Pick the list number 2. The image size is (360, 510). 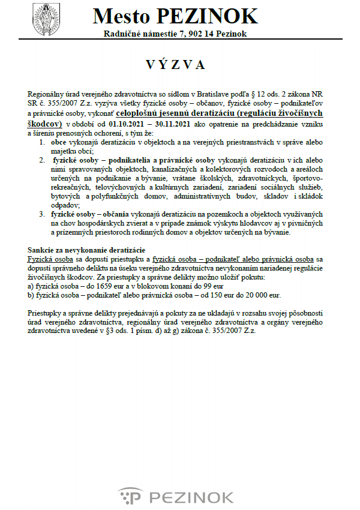[42, 161]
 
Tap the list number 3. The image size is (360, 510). [42, 213]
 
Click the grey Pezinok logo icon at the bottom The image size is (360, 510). [129, 497]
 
